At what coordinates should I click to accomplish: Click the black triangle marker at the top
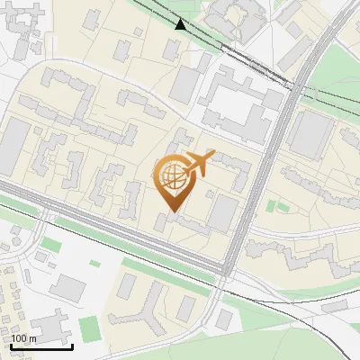(x=181, y=24)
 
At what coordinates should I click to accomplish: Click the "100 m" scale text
(x=24, y=339)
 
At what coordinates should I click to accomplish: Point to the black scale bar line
(x=41, y=346)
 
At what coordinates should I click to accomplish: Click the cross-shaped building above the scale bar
(x=52, y=323)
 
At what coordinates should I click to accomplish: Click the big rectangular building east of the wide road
(x=311, y=134)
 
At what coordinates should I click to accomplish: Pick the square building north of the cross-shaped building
(x=67, y=287)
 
